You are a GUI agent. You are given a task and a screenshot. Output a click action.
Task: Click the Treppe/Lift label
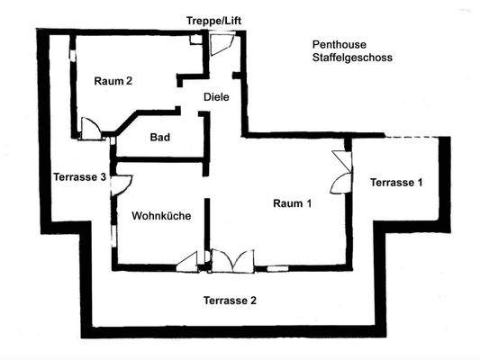(x=213, y=21)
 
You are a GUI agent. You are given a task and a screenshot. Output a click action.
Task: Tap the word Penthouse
(x=338, y=43)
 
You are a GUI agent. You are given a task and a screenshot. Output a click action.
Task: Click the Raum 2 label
(x=113, y=81)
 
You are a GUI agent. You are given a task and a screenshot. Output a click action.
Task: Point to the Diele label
(x=215, y=96)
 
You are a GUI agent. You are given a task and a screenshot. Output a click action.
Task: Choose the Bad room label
(x=160, y=138)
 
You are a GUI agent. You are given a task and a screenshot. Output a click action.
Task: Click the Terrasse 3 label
(x=80, y=176)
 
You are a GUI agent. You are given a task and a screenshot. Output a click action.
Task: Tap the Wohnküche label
(x=160, y=216)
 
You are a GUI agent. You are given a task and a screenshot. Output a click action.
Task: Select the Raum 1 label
(x=292, y=203)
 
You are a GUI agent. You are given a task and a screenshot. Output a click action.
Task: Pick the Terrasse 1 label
(x=395, y=183)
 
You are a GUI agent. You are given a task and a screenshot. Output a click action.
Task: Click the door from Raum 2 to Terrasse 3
(x=91, y=130)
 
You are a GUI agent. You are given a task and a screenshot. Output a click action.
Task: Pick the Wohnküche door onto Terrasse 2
(x=189, y=262)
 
